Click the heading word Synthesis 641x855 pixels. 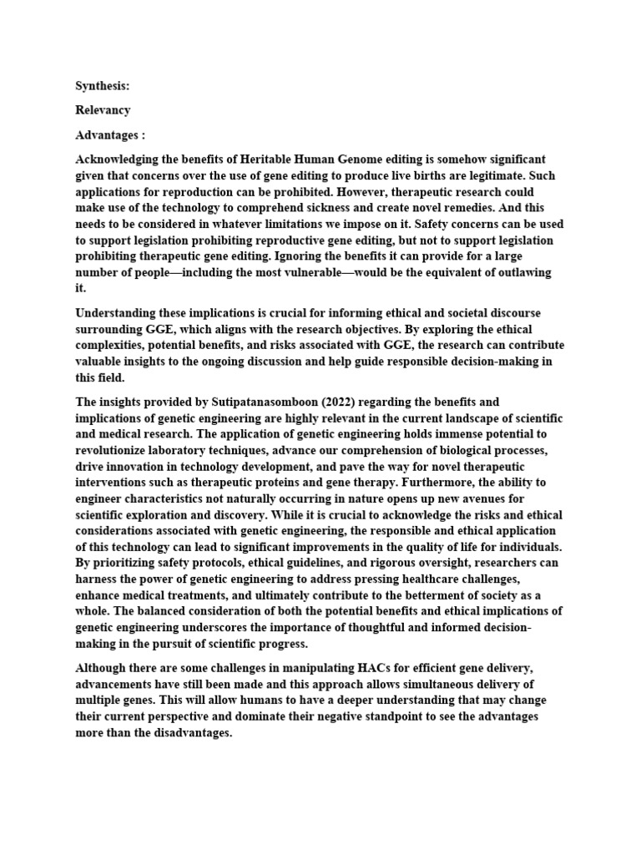point(102,86)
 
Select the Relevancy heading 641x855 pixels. point(103,110)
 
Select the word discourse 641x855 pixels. point(516,313)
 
